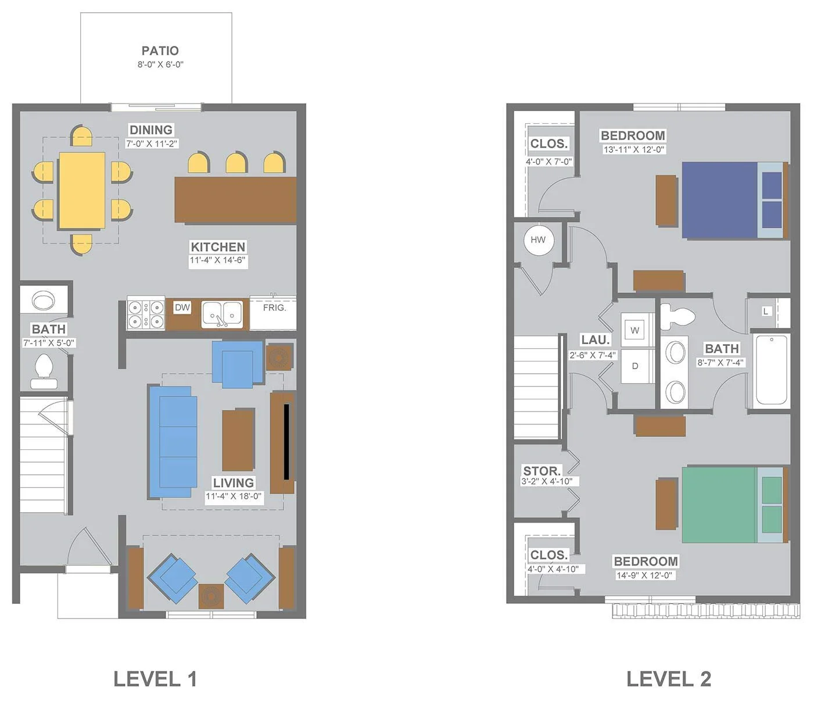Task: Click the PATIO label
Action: [160, 51]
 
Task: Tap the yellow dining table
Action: [82, 190]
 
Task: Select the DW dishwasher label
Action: [182, 307]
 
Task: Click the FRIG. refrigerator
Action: [273, 313]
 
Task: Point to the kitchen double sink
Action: [222, 314]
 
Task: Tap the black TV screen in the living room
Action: [286, 442]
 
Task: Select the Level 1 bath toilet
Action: [44, 371]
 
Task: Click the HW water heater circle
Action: [539, 240]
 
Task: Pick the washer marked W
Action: [635, 330]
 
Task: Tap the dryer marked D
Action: [635, 366]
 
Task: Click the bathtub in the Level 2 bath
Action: [771, 370]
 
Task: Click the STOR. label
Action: [542, 471]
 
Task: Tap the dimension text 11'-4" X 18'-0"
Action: [234, 496]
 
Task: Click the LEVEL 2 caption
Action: [669, 679]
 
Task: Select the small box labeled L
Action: [766, 312]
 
